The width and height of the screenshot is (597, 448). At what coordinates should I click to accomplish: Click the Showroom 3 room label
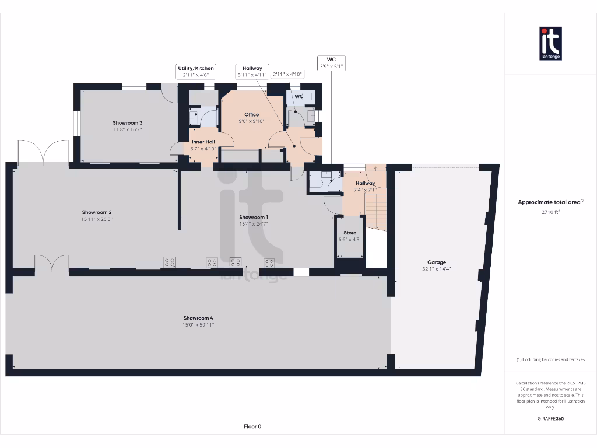click(128, 123)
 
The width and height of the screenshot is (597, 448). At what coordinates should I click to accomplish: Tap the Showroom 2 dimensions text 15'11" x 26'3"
click(97, 219)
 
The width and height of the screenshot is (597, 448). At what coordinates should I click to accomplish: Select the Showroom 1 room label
click(253, 217)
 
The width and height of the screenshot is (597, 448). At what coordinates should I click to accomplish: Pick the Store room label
click(350, 233)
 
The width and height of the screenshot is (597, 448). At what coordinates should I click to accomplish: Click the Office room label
click(251, 114)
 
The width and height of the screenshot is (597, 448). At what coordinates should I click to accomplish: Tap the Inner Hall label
click(203, 142)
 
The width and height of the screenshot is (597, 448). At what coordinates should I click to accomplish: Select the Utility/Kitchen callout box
click(196, 71)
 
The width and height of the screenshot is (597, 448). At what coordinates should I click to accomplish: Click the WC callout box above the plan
click(331, 63)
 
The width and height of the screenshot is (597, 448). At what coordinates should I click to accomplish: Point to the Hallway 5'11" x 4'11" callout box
click(252, 71)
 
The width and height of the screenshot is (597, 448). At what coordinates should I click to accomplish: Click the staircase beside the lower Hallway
click(376, 210)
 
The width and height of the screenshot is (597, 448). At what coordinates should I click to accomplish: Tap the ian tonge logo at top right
click(550, 43)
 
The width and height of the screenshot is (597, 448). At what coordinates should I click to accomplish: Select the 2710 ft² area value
click(550, 213)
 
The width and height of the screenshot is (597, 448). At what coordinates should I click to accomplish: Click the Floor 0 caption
click(252, 426)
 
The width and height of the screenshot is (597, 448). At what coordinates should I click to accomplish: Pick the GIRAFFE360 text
click(550, 418)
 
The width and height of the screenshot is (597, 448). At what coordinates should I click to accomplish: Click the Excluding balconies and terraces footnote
click(550, 359)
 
